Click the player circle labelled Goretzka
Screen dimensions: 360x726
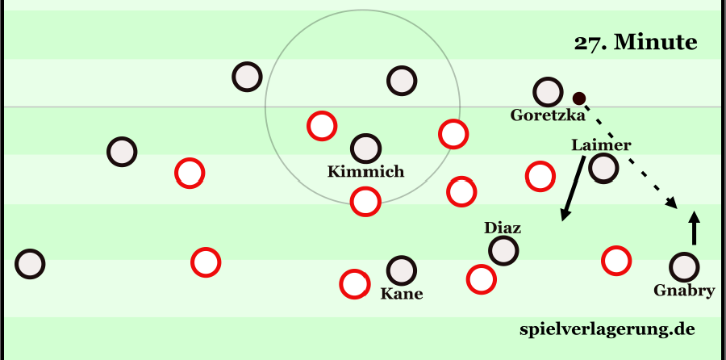pyautogui.click(x=547, y=92)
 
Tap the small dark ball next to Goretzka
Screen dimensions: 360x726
pyautogui.click(x=578, y=98)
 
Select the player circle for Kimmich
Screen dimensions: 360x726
pyautogui.click(x=365, y=148)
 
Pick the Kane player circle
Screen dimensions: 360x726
pyautogui.click(x=401, y=270)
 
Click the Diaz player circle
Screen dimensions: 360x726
pyautogui.click(x=503, y=250)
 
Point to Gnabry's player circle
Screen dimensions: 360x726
pyautogui.click(x=683, y=266)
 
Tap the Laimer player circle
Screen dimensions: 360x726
pyautogui.click(x=603, y=168)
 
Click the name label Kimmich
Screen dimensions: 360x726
pyautogui.click(x=365, y=171)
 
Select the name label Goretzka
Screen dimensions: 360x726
pyautogui.click(x=547, y=115)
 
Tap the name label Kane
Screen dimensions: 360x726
pyautogui.click(x=401, y=294)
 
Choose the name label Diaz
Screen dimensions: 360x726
pyautogui.click(x=502, y=228)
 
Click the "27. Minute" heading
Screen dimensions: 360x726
pyautogui.click(x=635, y=44)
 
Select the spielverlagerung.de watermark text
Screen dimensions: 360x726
pyautogui.click(x=607, y=329)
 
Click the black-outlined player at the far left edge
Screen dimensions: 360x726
pyautogui.click(x=29, y=263)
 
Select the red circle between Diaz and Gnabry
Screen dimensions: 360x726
pyautogui.click(x=615, y=260)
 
